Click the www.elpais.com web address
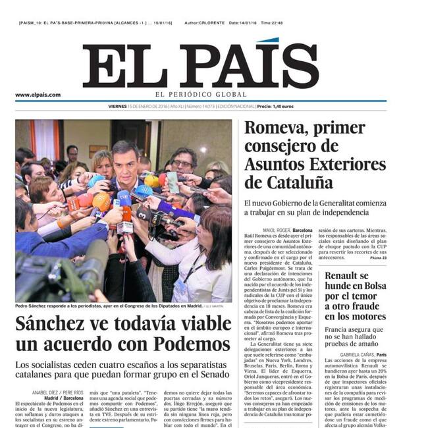[x=38, y=94]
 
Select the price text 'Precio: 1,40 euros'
[x=275, y=106]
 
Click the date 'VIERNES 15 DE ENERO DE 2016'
[x=138, y=106]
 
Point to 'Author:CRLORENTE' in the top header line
[x=205, y=23]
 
